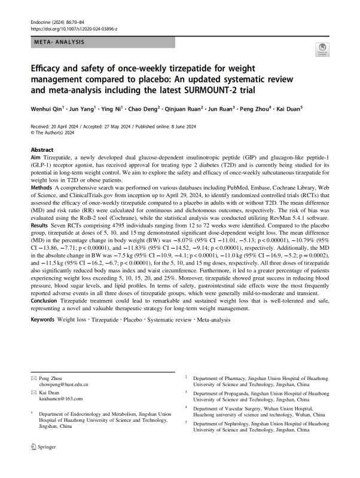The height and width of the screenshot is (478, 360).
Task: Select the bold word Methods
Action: coord(42,188)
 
